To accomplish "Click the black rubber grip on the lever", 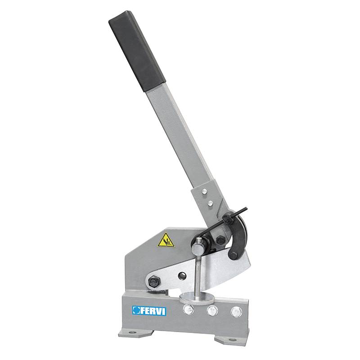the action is pyautogui.click(x=137, y=51).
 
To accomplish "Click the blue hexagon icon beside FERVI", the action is pyautogui.click(x=136, y=310).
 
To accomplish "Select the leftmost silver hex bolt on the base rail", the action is pyautogui.click(x=188, y=309).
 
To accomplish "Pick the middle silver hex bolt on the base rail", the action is pyautogui.click(x=212, y=310).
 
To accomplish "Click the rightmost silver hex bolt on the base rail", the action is pyautogui.click(x=236, y=312).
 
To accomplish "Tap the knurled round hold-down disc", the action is pyautogui.click(x=197, y=299).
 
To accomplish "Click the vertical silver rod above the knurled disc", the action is pyautogui.click(x=198, y=275).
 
